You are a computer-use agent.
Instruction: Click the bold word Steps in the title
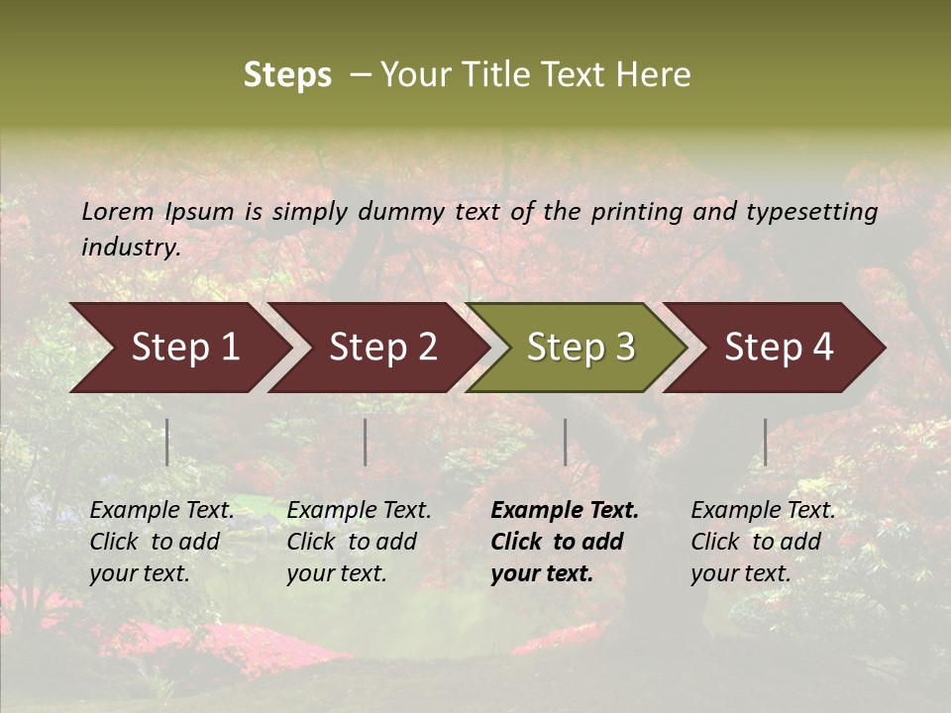(287, 75)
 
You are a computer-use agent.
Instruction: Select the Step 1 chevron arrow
(178, 348)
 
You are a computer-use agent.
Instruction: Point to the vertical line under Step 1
(166, 442)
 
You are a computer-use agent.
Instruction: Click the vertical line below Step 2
(366, 442)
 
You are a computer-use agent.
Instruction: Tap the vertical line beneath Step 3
(565, 442)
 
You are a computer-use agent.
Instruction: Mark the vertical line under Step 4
(765, 442)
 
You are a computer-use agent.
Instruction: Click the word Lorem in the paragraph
(118, 212)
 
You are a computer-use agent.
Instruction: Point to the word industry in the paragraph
(131, 248)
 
